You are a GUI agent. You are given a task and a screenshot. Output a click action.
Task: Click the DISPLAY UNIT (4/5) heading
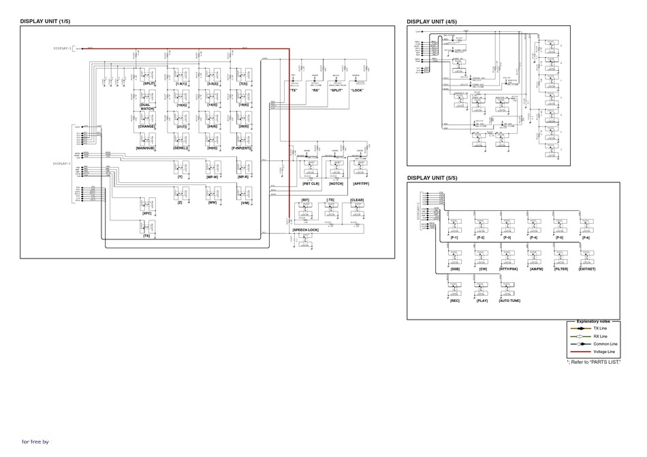pyautogui.click(x=432, y=22)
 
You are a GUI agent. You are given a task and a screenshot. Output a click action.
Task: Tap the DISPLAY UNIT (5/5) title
pyautogui.click(x=432, y=178)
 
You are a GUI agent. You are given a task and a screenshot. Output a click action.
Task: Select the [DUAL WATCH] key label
pyautogui.click(x=147, y=107)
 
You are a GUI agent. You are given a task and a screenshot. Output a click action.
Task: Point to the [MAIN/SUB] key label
pyautogui.click(x=147, y=148)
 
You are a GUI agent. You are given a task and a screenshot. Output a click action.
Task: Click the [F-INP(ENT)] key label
pyautogui.click(x=242, y=148)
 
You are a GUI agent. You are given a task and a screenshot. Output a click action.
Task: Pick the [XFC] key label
pyautogui.click(x=147, y=214)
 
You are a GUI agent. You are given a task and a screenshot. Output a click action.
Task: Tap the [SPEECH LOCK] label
pyautogui.click(x=306, y=231)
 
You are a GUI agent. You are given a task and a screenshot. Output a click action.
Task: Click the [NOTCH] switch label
pyautogui.click(x=336, y=184)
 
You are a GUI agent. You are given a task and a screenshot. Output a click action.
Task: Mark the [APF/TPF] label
pyautogui.click(x=362, y=184)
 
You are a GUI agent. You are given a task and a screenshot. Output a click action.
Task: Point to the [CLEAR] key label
pyautogui.click(x=358, y=200)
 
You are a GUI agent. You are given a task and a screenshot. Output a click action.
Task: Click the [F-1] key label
pyautogui.click(x=454, y=237)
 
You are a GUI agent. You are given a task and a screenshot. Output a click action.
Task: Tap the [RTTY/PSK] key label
pyautogui.click(x=508, y=269)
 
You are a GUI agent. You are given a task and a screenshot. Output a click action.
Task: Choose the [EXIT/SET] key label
pyautogui.click(x=586, y=269)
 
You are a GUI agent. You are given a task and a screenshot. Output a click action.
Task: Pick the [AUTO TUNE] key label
pyautogui.click(x=510, y=301)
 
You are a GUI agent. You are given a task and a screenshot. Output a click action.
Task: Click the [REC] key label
pyautogui.click(x=454, y=301)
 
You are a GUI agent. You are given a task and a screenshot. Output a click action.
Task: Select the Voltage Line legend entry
pyautogui.click(x=604, y=352)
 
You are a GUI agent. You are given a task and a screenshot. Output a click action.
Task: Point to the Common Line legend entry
pyautogui.click(x=605, y=344)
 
